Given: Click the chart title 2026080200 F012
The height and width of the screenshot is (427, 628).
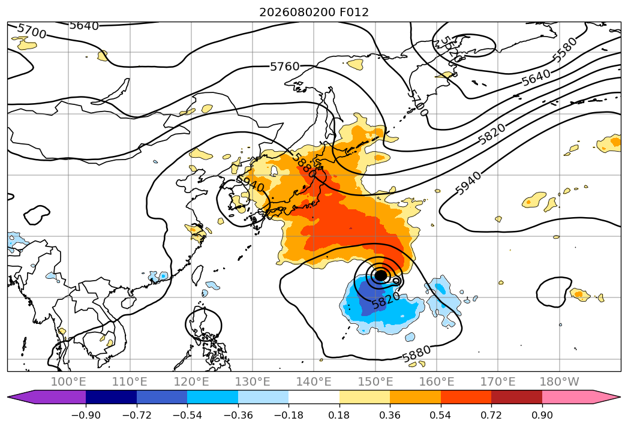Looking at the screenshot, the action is [x=314, y=12].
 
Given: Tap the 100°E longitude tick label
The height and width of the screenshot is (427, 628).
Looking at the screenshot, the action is [x=68, y=381].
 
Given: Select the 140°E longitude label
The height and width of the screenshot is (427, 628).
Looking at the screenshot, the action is [x=314, y=381].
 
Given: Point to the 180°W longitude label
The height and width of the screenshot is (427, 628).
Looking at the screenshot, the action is [x=560, y=381].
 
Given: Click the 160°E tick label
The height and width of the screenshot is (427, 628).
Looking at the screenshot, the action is [x=437, y=381].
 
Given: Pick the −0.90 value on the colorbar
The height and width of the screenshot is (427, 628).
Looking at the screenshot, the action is [x=86, y=415].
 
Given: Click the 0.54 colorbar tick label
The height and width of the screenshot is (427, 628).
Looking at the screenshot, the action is [x=441, y=415].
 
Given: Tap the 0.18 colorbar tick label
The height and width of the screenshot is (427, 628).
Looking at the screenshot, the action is [x=339, y=415].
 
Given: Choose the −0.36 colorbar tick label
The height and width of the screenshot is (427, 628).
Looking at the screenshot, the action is [x=238, y=415].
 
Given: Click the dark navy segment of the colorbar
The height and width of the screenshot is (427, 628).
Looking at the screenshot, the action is [x=112, y=396].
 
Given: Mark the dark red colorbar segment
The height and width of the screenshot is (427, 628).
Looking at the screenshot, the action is [x=516, y=396].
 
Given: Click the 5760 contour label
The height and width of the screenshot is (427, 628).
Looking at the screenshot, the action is [x=285, y=67].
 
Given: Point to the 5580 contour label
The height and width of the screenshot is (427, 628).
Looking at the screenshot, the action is [x=565, y=50].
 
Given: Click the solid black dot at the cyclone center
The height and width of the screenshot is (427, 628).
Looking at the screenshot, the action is [x=380, y=275].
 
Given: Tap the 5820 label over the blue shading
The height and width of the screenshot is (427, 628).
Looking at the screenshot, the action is [x=385, y=300].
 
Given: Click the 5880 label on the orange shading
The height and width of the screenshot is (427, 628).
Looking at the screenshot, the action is [x=304, y=164].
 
